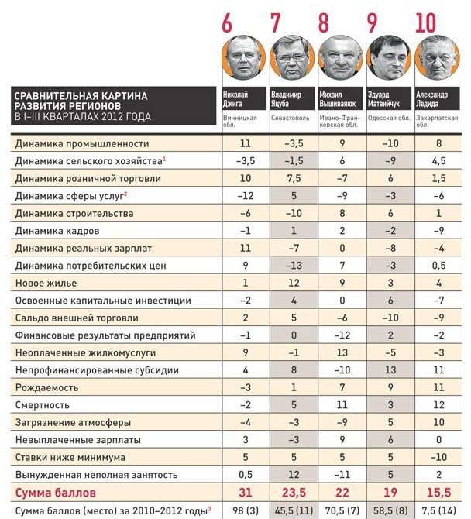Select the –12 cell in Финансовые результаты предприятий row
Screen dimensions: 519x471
(342, 335)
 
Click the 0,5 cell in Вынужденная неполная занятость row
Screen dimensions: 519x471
(246, 474)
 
